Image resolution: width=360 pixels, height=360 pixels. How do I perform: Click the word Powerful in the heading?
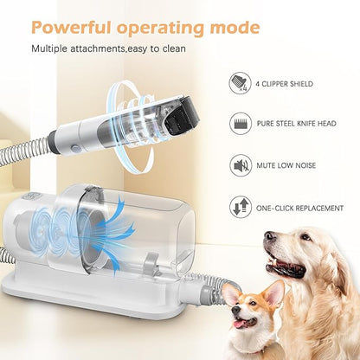point(71,28)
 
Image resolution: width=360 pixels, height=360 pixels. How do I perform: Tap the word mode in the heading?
point(235,28)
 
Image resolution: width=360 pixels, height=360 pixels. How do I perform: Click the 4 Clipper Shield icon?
point(241,83)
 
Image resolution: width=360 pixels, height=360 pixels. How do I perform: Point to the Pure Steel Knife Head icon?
point(241,124)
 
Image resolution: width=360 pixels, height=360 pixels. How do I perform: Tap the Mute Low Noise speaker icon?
point(241,165)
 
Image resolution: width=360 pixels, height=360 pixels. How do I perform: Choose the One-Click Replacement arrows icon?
point(241,208)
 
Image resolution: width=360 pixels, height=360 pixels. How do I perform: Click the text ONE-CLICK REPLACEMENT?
point(300,208)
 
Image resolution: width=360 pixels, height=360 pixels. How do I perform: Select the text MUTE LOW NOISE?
point(286,165)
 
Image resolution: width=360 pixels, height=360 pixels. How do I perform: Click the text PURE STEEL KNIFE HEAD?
point(297,124)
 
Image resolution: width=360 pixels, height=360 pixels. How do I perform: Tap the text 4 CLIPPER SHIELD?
point(285,84)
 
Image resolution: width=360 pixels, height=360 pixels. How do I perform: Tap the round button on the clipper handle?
point(74,149)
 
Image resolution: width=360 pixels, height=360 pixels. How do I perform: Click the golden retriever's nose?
point(269,236)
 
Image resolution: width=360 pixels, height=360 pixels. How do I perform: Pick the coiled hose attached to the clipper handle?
point(24,149)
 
